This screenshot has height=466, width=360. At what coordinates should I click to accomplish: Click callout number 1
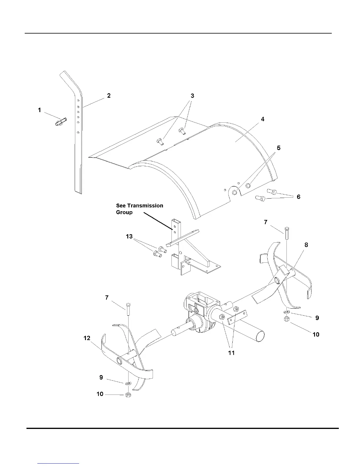39,110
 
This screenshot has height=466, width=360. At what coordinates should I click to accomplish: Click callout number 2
109,96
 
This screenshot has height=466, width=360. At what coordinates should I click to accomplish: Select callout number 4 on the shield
263,119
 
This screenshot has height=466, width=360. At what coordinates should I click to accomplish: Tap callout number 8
306,245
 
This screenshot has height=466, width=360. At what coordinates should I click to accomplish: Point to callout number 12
87,338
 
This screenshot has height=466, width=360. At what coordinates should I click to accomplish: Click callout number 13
129,236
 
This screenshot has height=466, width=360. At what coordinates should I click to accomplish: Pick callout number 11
231,352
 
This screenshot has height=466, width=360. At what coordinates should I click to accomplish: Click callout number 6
299,197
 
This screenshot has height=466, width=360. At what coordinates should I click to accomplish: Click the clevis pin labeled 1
61,121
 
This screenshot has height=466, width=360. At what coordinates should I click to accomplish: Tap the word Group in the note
124,212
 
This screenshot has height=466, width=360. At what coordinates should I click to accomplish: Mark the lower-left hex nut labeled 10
128,395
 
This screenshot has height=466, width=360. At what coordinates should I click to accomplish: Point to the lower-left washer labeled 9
128,384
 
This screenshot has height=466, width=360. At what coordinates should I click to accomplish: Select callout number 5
279,148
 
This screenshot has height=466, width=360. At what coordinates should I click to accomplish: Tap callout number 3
192,96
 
